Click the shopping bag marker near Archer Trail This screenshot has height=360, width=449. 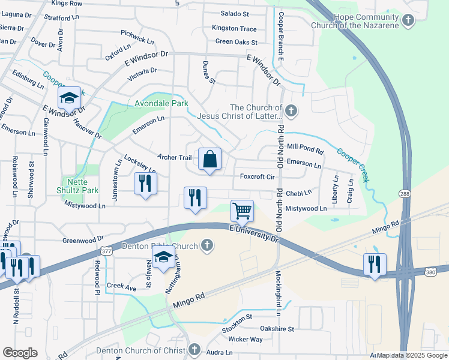(x=210, y=160)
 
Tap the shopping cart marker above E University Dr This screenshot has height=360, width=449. (x=242, y=211)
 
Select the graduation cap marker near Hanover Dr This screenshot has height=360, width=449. (x=69, y=98)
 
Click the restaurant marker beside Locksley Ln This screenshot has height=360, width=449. (x=145, y=184)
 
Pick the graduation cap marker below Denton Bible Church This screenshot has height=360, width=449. (x=163, y=258)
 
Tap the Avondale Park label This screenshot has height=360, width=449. (x=161, y=103)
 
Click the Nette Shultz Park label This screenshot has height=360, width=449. (x=82, y=186)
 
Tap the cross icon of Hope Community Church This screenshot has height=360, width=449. (x=408, y=21)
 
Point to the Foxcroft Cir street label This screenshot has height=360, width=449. (x=257, y=177)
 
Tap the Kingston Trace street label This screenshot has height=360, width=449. (x=234, y=29)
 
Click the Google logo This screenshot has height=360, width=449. (x=20, y=353)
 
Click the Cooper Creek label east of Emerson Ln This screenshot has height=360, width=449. (x=352, y=165)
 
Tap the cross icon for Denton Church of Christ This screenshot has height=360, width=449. (x=194, y=350)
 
